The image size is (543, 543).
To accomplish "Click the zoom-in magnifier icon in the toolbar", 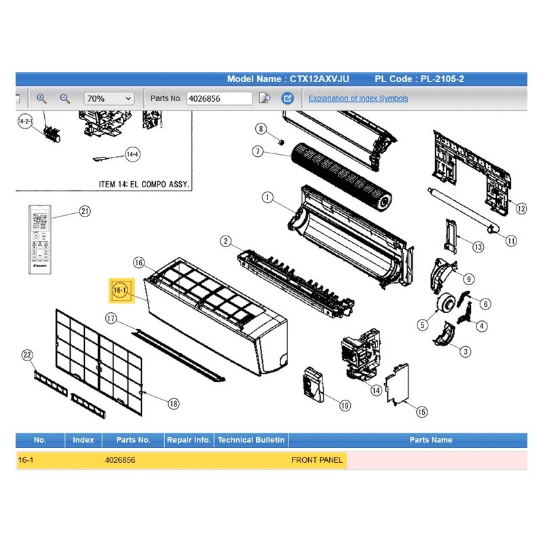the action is coord(41,98).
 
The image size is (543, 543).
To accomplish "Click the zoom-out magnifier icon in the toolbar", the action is coord(64,98).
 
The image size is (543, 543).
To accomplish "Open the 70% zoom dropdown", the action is coord(109,98).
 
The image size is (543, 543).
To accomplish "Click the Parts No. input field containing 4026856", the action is coord(219,98).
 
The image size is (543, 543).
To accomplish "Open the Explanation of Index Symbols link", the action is coord(358,98).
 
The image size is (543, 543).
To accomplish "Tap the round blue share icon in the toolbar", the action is coord(287,98).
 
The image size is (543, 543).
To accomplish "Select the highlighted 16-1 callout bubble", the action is coord(120,291).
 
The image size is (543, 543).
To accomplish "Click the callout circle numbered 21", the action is coord(85,211).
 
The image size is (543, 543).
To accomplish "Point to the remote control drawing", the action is coord(40,240).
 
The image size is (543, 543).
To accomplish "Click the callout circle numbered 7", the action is coord(258,151).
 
